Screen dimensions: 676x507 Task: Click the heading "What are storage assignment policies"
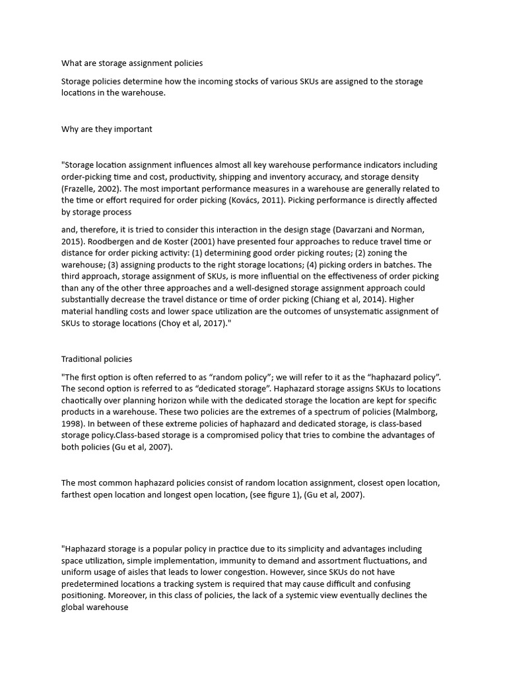[x=132, y=63]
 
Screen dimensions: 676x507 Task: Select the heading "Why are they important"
[x=106, y=129]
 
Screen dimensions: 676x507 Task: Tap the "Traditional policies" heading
[x=96, y=359]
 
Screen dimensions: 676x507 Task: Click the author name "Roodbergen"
[x=108, y=242]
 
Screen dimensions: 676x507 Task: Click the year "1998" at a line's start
[x=71, y=424]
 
